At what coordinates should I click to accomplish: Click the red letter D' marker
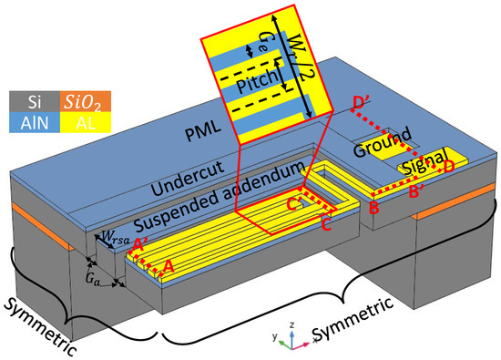[x=359, y=103]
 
